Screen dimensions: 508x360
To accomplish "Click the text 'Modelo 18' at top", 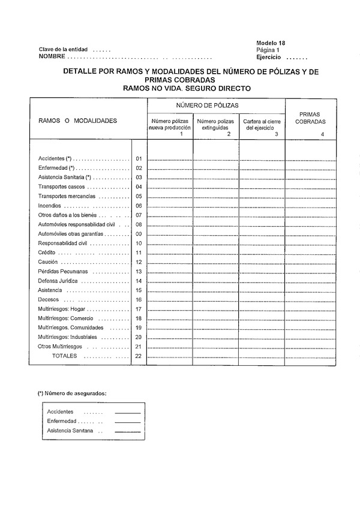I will point(270,43).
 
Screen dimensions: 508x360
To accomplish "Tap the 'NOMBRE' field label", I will point(52,56).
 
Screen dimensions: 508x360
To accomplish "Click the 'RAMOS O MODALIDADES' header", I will point(77,121).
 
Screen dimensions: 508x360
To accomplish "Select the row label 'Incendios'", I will point(50,206).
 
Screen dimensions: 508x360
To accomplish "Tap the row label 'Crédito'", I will point(47,253).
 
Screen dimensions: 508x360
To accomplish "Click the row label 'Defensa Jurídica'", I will point(56,281).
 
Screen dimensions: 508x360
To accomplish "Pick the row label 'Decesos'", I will point(48,299).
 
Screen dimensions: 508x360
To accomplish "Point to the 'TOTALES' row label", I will point(64,356).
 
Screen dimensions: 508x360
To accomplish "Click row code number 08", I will point(139,224).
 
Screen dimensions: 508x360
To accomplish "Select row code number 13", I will point(139,272).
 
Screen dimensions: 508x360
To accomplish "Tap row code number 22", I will point(139,356).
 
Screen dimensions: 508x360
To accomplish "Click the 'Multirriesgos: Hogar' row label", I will point(62,309).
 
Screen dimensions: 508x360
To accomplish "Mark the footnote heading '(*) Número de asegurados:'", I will point(72,393).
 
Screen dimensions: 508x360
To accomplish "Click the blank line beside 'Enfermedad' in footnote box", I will point(127,422).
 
